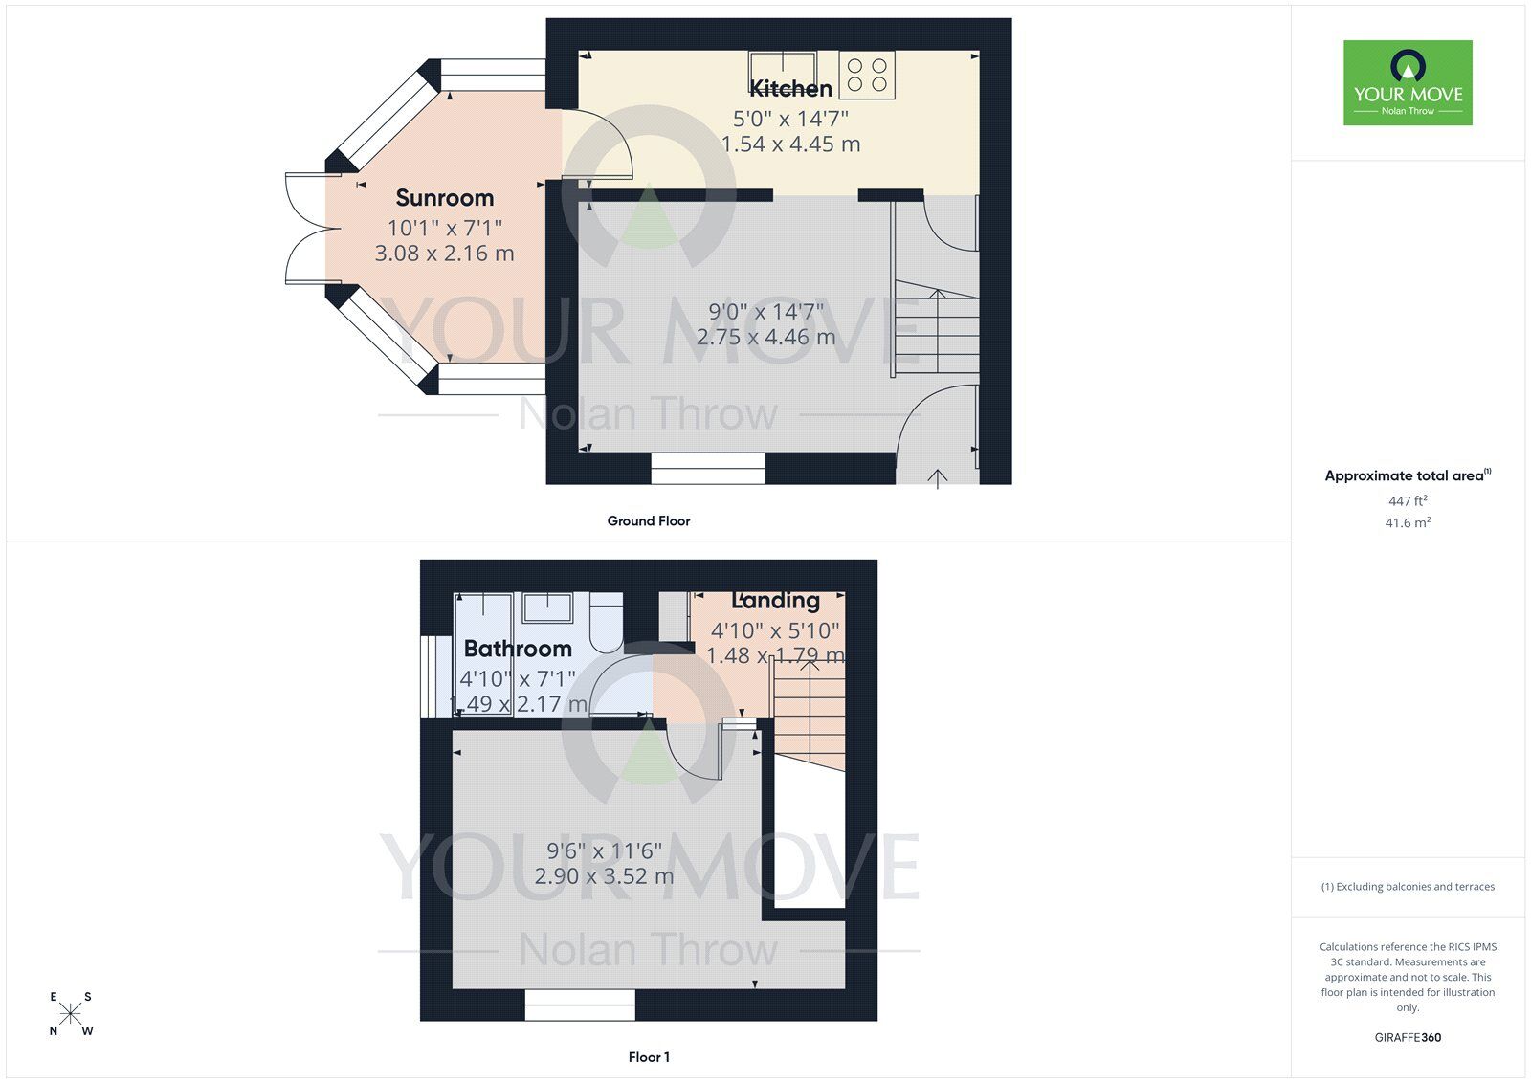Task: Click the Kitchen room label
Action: (790, 89)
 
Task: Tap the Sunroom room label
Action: (445, 198)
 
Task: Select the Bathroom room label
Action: (518, 649)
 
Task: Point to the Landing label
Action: (775, 601)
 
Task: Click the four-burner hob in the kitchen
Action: (867, 76)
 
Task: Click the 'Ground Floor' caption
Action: (648, 521)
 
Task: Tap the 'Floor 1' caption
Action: (649, 1057)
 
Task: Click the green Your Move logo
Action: (1408, 82)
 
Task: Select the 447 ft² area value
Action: (1408, 500)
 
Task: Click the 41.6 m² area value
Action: (1409, 522)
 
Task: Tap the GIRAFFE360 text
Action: (1408, 1037)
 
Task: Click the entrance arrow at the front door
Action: (937, 476)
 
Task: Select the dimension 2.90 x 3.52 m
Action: (604, 876)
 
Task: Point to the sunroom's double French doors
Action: (304, 229)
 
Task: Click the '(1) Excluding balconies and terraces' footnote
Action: (1408, 887)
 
